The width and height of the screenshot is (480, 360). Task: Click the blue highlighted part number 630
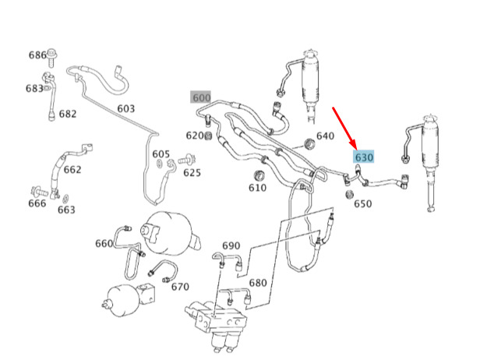coord(364,157)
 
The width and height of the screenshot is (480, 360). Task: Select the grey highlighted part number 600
coord(201,97)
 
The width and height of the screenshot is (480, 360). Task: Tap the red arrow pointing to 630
coord(344,128)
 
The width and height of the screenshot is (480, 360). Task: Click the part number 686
coord(37,55)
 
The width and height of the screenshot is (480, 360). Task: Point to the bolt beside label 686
coord(51,57)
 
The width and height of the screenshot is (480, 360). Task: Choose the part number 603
coord(125,108)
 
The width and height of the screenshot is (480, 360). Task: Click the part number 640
coord(325,136)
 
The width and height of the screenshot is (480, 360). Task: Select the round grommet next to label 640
coord(309,144)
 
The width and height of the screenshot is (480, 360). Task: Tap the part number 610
coord(257,187)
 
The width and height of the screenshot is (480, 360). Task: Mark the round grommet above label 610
coord(260,175)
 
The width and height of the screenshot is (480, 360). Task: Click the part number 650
coord(363,203)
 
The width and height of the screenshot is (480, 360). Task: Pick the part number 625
coord(192,173)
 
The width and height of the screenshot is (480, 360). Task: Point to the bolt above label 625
coord(187,160)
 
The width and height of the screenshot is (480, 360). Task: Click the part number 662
coord(72,170)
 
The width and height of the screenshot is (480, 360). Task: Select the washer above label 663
coord(65,199)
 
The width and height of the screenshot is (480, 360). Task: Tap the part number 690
coord(231,245)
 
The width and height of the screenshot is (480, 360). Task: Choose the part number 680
coord(258,283)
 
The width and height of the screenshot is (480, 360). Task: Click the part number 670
coord(180,287)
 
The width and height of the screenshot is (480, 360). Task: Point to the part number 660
coord(104,244)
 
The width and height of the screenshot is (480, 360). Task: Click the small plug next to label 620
coord(208,136)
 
